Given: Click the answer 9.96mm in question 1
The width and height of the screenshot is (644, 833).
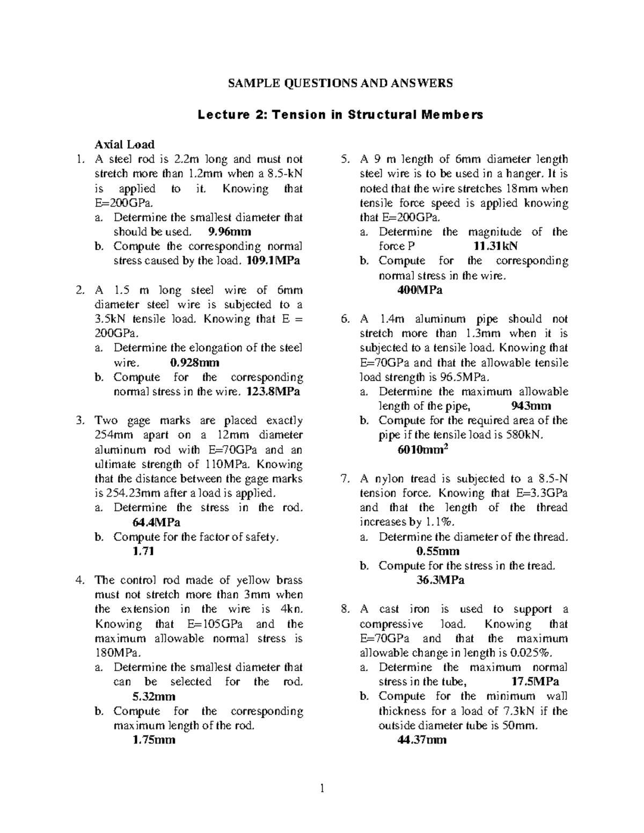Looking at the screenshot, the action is (x=229, y=232).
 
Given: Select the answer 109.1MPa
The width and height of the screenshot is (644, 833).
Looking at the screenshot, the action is (x=273, y=261).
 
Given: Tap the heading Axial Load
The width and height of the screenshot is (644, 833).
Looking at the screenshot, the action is (x=125, y=144).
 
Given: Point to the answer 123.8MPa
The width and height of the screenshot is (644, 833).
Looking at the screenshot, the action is (x=273, y=392).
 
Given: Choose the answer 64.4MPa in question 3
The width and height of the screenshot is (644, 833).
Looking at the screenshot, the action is (x=156, y=522).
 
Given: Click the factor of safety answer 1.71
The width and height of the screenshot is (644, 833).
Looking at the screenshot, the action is (x=143, y=551).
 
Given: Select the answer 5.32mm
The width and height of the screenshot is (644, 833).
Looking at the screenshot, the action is (x=154, y=697).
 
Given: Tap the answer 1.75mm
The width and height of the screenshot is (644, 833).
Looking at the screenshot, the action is (x=154, y=740).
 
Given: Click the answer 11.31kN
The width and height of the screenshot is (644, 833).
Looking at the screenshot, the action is (x=495, y=246).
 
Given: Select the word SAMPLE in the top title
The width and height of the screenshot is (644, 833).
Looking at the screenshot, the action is (x=251, y=83).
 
